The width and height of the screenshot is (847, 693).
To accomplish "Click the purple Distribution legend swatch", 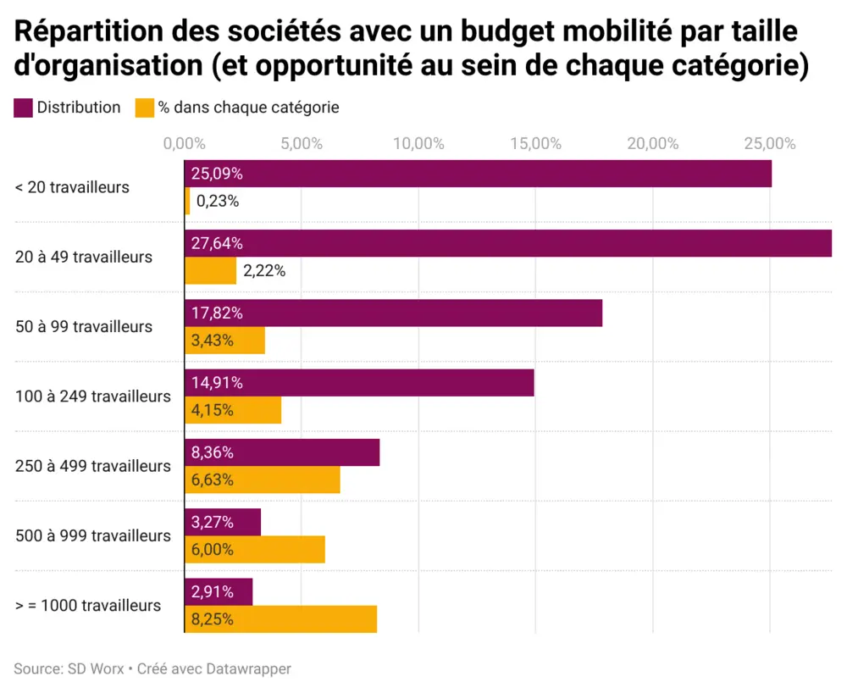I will (24, 108).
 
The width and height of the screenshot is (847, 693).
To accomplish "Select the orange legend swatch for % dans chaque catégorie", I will (145, 108).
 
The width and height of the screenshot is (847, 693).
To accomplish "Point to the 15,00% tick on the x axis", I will (535, 143).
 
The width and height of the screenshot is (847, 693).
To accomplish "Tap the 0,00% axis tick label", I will (184, 143).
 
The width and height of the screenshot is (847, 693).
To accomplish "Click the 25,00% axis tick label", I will (769, 143).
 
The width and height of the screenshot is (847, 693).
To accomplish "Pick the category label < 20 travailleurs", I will (72, 187).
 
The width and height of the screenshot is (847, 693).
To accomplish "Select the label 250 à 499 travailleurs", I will (93, 466).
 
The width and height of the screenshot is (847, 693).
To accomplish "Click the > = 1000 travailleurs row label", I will (88, 606).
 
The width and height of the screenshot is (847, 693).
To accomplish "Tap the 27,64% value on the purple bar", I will (217, 243).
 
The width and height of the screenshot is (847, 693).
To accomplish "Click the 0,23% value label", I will (218, 202).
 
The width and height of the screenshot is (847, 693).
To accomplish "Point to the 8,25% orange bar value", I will (213, 619).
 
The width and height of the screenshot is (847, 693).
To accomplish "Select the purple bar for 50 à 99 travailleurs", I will (423, 313).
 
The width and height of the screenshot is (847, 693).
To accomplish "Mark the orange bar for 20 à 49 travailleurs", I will (211, 271).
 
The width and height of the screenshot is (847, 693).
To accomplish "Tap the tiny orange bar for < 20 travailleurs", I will (187, 202).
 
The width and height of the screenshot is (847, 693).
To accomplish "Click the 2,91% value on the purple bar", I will (213, 591).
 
